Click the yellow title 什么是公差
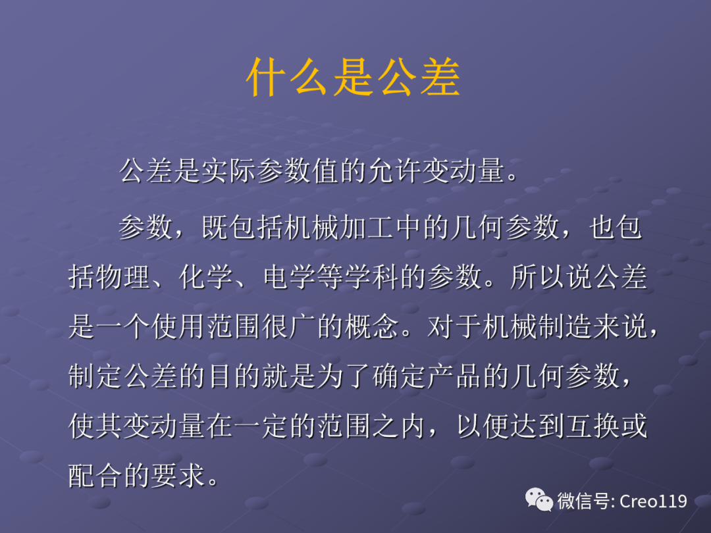coord(353,79)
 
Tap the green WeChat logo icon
coord(539,501)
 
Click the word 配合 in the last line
coord(96,476)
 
